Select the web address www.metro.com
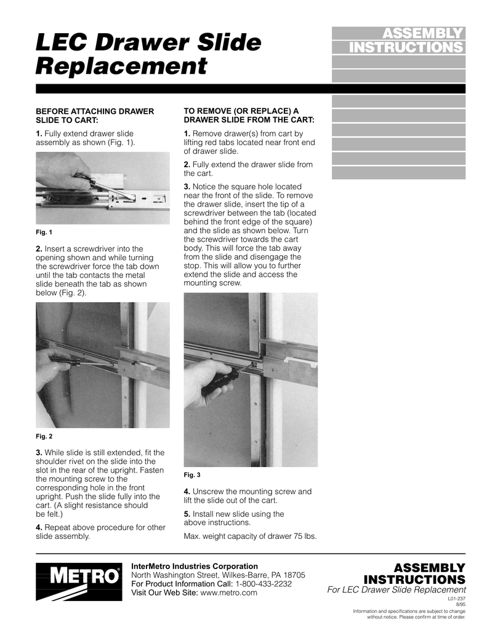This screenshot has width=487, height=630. pyautogui.click(x=229, y=592)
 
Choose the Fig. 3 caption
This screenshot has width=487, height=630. pyautogui.click(x=192, y=475)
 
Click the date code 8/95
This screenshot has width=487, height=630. pyautogui.click(x=460, y=605)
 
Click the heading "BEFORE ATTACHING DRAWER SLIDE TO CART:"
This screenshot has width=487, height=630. pyautogui.click(x=95, y=116)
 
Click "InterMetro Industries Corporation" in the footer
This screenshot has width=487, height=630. pyautogui.click(x=195, y=566)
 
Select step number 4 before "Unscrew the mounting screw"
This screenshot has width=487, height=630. pyautogui.click(x=187, y=492)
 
